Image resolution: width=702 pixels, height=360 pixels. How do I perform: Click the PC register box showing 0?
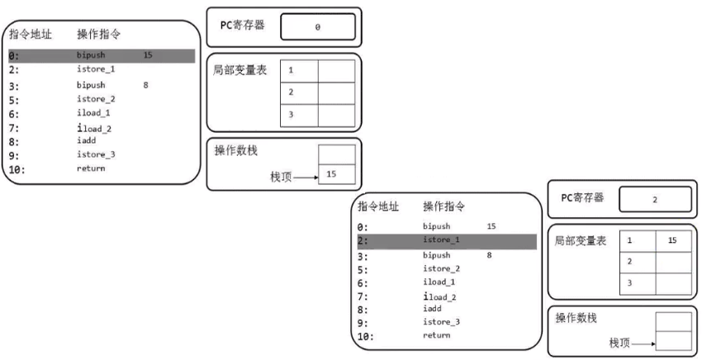pyautogui.click(x=318, y=27)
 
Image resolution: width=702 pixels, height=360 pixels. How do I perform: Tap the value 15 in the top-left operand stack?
pyautogui.click(x=331, y=174)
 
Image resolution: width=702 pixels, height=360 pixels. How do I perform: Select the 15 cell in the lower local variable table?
pyautogui.click(x=674, y=240)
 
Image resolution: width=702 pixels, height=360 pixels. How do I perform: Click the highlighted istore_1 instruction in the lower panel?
pyautogui.click(x=441, y=240)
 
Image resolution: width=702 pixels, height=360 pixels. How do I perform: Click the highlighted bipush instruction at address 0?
pyautogui.click(x=91, y=55)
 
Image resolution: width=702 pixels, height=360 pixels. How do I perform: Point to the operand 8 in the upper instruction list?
pyautogui.click(x=145, y=84)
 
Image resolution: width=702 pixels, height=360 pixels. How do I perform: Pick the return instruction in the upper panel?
pyautogui.click(x=91, y=168)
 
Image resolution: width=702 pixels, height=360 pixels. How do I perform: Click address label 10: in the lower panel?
pyautogui.click(x=366, y=336)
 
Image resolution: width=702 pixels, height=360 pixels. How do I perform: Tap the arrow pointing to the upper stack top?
pyautogui.click(x=306, y=175)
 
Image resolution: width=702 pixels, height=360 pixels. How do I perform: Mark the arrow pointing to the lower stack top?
pyautogui.click(x=643, y=342)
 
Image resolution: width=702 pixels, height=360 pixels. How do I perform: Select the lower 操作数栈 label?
pyautogui.click(x=576, y=318)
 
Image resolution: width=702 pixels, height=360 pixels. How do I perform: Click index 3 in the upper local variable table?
pyautogui.click(x=292, y=115)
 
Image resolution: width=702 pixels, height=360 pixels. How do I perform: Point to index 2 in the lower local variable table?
pyautogui.click(x=630, y=261)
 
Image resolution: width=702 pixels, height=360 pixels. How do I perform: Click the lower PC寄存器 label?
pyautogui.click(x=582, y=198)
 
